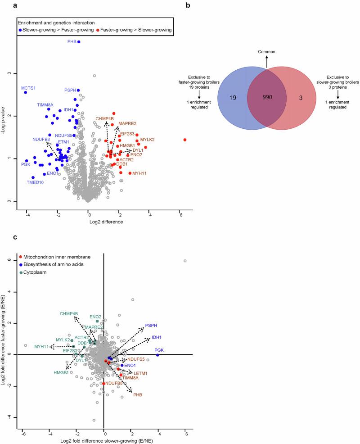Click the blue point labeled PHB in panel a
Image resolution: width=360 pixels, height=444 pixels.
[x=79, y=42]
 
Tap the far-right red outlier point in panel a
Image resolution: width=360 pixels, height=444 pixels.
[x=185, y=140]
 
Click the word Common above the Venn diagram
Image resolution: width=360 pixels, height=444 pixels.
[x=266, y=52]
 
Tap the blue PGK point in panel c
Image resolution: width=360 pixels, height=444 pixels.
[x=157, y=355]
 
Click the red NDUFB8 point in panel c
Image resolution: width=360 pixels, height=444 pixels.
[x=104, y=384]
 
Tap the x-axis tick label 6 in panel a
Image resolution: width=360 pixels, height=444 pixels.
[x=181, y=215]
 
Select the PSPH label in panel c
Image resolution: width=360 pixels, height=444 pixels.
[x=151, y=326]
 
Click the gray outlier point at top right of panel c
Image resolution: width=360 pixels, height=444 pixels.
[x=185, y=261]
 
